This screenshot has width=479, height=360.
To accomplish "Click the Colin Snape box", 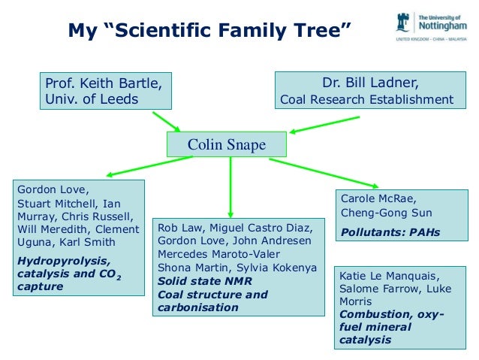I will (226, 144).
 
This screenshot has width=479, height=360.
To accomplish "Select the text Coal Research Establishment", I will (366, 99).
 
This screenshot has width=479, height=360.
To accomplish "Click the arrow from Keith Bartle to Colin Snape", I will (166, 121).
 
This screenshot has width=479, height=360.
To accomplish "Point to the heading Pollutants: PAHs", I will (390, 232).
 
